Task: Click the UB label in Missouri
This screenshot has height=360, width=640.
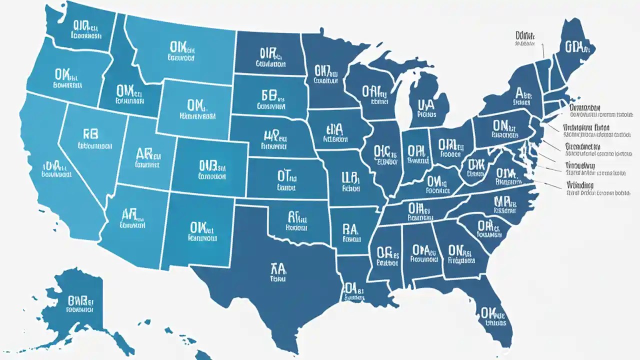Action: [x=350, y=178]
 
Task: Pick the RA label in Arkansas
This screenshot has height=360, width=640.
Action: [x=350, y=229]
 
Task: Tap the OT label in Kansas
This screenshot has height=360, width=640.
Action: [x=286, y=176]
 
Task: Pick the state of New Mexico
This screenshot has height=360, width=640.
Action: [x=200, y=230]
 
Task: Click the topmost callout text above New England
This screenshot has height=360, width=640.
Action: [x=525, y=36]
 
